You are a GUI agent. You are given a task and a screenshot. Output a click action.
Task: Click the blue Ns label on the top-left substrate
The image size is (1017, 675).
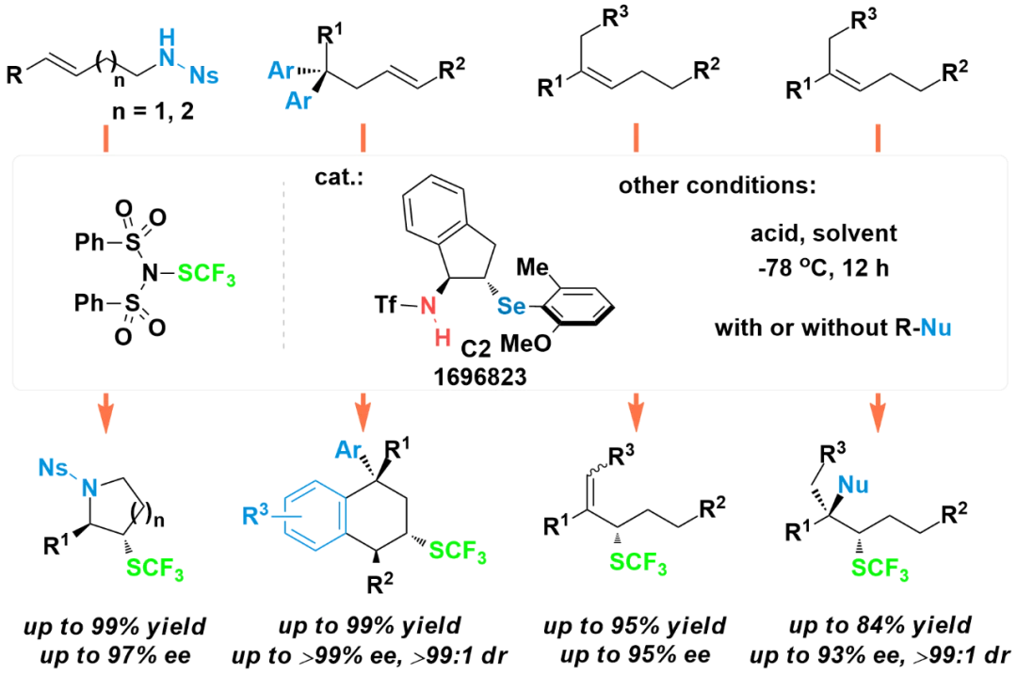coord(203,76)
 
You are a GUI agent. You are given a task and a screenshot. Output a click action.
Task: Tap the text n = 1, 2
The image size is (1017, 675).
coord(153,111)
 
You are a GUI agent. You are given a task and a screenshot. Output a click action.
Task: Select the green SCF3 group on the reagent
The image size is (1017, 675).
coord(206,274)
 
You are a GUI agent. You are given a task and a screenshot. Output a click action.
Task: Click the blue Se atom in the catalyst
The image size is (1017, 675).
coord(511,305)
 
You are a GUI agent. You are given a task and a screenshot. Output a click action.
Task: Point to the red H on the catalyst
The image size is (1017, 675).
coord(443,337)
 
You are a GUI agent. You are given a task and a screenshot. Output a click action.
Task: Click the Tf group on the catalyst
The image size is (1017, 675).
coord(386,304)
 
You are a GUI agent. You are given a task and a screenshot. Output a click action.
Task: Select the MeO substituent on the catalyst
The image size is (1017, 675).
coord(525,343)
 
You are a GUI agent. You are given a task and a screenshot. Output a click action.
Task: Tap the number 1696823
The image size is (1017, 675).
coord(480,377)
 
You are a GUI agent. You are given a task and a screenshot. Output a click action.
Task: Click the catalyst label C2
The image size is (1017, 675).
coord(476,349)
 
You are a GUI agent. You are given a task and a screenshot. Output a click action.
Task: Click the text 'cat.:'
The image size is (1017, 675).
coord(339,177)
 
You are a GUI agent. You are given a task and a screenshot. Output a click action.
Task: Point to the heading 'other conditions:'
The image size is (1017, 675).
coord(717,186)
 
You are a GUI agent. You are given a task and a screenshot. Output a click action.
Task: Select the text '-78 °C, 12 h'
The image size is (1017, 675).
coord(823,267)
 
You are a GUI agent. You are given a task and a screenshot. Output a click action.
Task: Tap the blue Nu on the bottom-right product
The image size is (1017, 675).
coord(853,485)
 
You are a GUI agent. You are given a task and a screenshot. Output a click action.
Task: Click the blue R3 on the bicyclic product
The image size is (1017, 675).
coord(255,515)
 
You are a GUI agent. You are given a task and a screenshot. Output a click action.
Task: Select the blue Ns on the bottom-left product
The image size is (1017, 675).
coord(53,468)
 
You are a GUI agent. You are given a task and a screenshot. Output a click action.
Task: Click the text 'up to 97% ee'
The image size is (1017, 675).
coord(116,655)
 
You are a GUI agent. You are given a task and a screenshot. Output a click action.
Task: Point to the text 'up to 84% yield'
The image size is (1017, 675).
coord(880,625)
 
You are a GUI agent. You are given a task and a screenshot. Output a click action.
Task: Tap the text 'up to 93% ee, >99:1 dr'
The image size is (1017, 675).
coord(880,655)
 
